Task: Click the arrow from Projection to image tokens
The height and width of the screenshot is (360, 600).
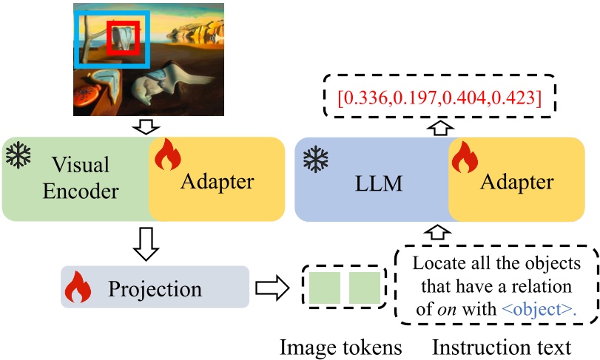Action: (x=272, y=288)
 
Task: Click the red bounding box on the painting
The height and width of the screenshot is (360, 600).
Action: (x=124, y=38)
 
